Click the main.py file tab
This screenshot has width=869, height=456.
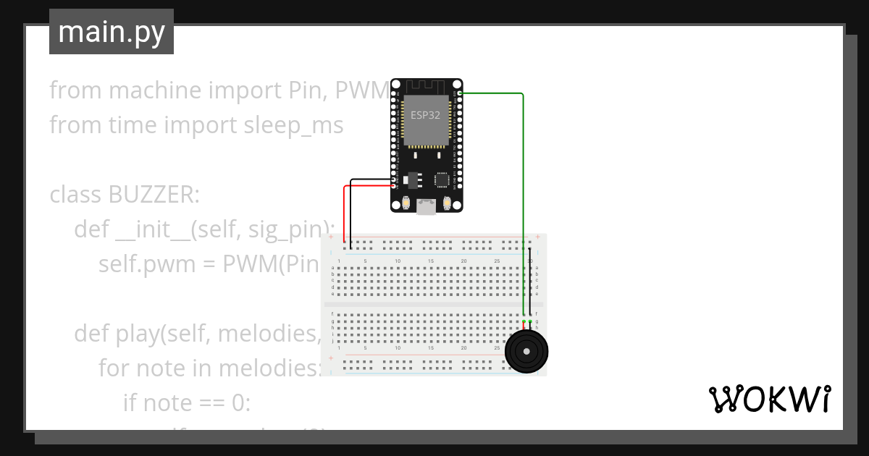point(112,32)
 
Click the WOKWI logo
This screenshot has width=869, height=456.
point(768,400)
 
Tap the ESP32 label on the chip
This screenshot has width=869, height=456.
point(425,115)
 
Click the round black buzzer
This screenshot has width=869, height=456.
point(526,352)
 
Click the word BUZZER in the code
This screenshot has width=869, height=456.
point(152,195)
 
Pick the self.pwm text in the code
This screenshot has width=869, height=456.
point(133,263)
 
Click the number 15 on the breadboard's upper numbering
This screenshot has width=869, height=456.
point(431,261)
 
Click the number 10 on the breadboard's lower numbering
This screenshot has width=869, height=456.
point(398,348)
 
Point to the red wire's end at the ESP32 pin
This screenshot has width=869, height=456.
point(394,186)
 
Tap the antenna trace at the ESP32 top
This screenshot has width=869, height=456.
point(426,86)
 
